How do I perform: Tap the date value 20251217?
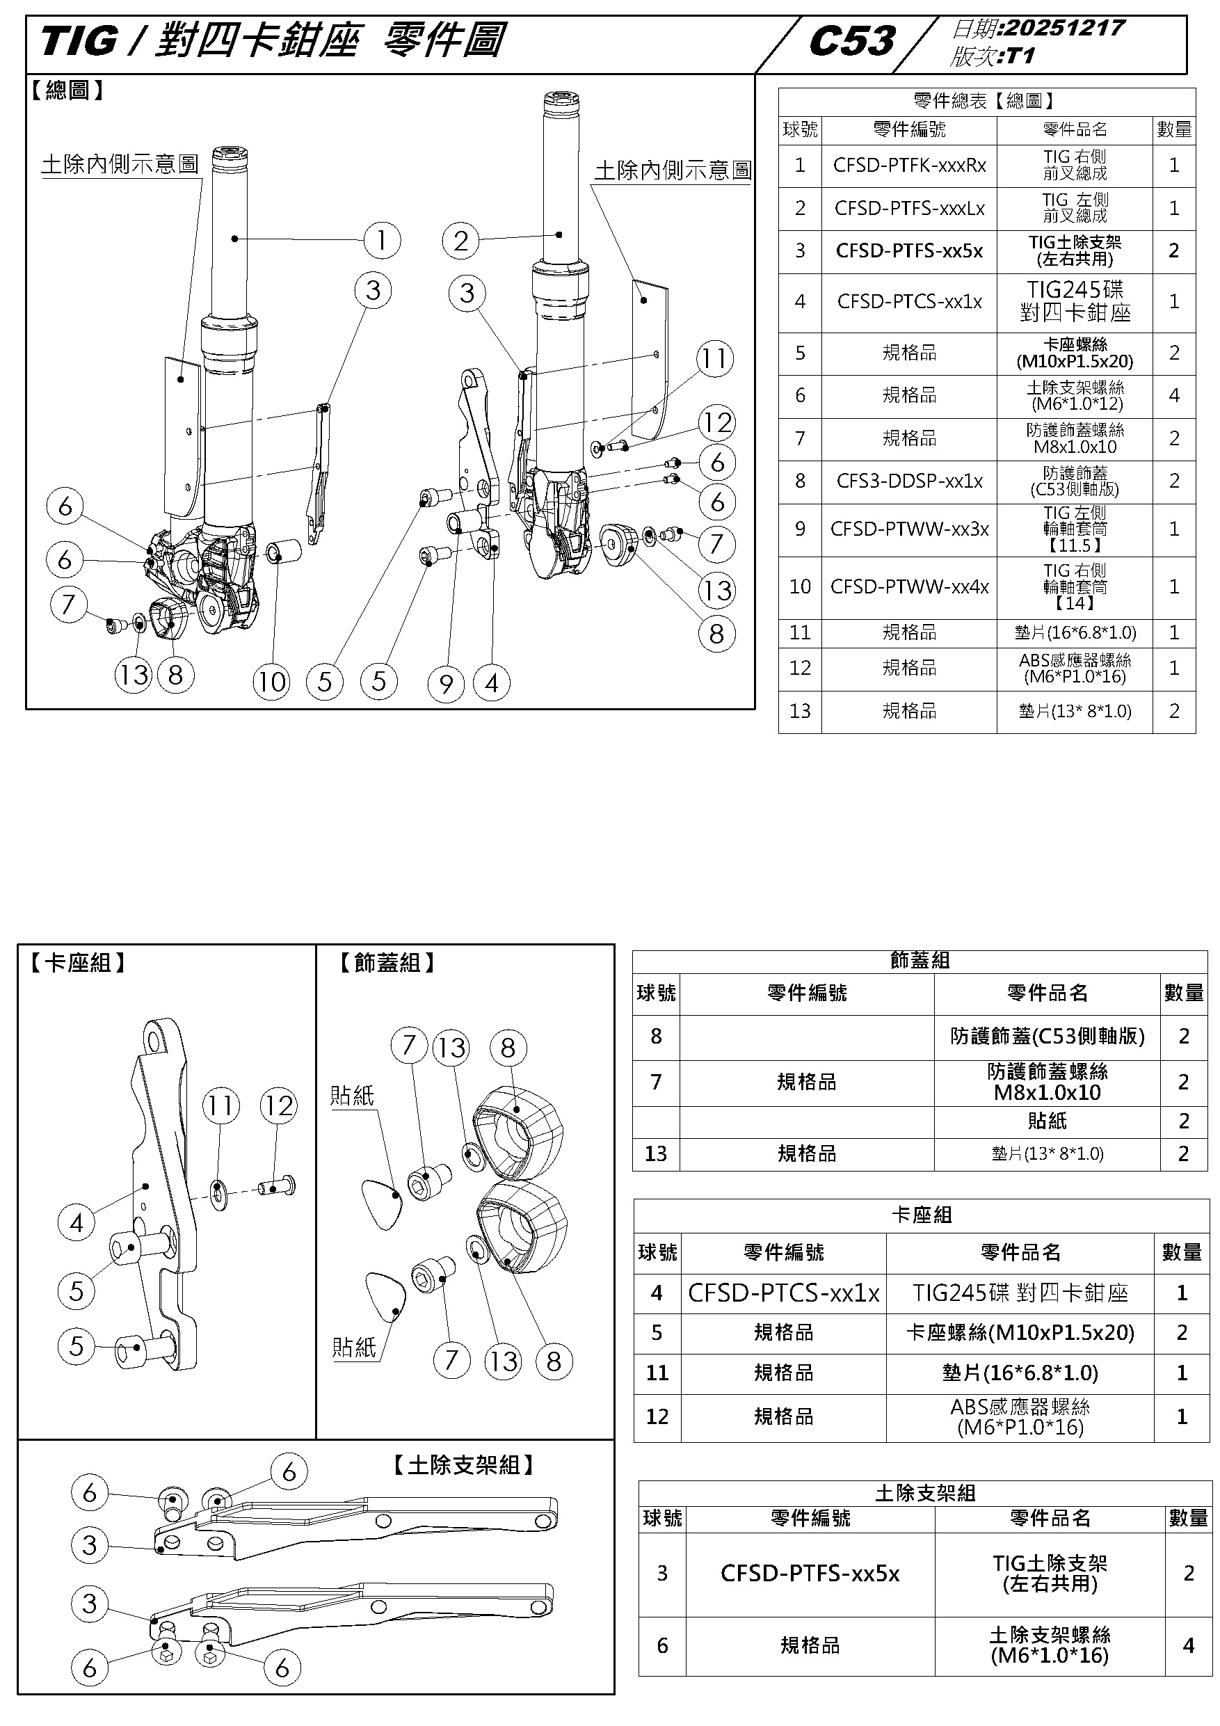click(1064, 28)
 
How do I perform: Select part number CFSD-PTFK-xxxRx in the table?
click(909, 166)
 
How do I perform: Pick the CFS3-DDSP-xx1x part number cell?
click(909, 481)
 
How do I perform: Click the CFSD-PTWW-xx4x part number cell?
click(909, 587)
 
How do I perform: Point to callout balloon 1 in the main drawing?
click(382, 241)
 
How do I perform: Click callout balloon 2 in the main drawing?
click(460, 241)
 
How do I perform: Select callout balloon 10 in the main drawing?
click(271, 682)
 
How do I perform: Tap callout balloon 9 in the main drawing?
click(446, 684)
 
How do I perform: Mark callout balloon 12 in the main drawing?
click(717, 422)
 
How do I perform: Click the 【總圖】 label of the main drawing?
click(67, 91)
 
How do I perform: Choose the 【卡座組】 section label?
click(77, 963)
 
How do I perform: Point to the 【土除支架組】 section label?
click(463, 1465)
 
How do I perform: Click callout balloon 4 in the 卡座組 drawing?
click(76, 1223)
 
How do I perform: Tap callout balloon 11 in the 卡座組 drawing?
click(221, 1106)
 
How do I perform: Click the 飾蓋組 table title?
click(920, 961)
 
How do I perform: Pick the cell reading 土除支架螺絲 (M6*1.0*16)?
click(1050, 1645)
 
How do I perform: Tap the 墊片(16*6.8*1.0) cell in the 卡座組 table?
click(1020, 1373)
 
